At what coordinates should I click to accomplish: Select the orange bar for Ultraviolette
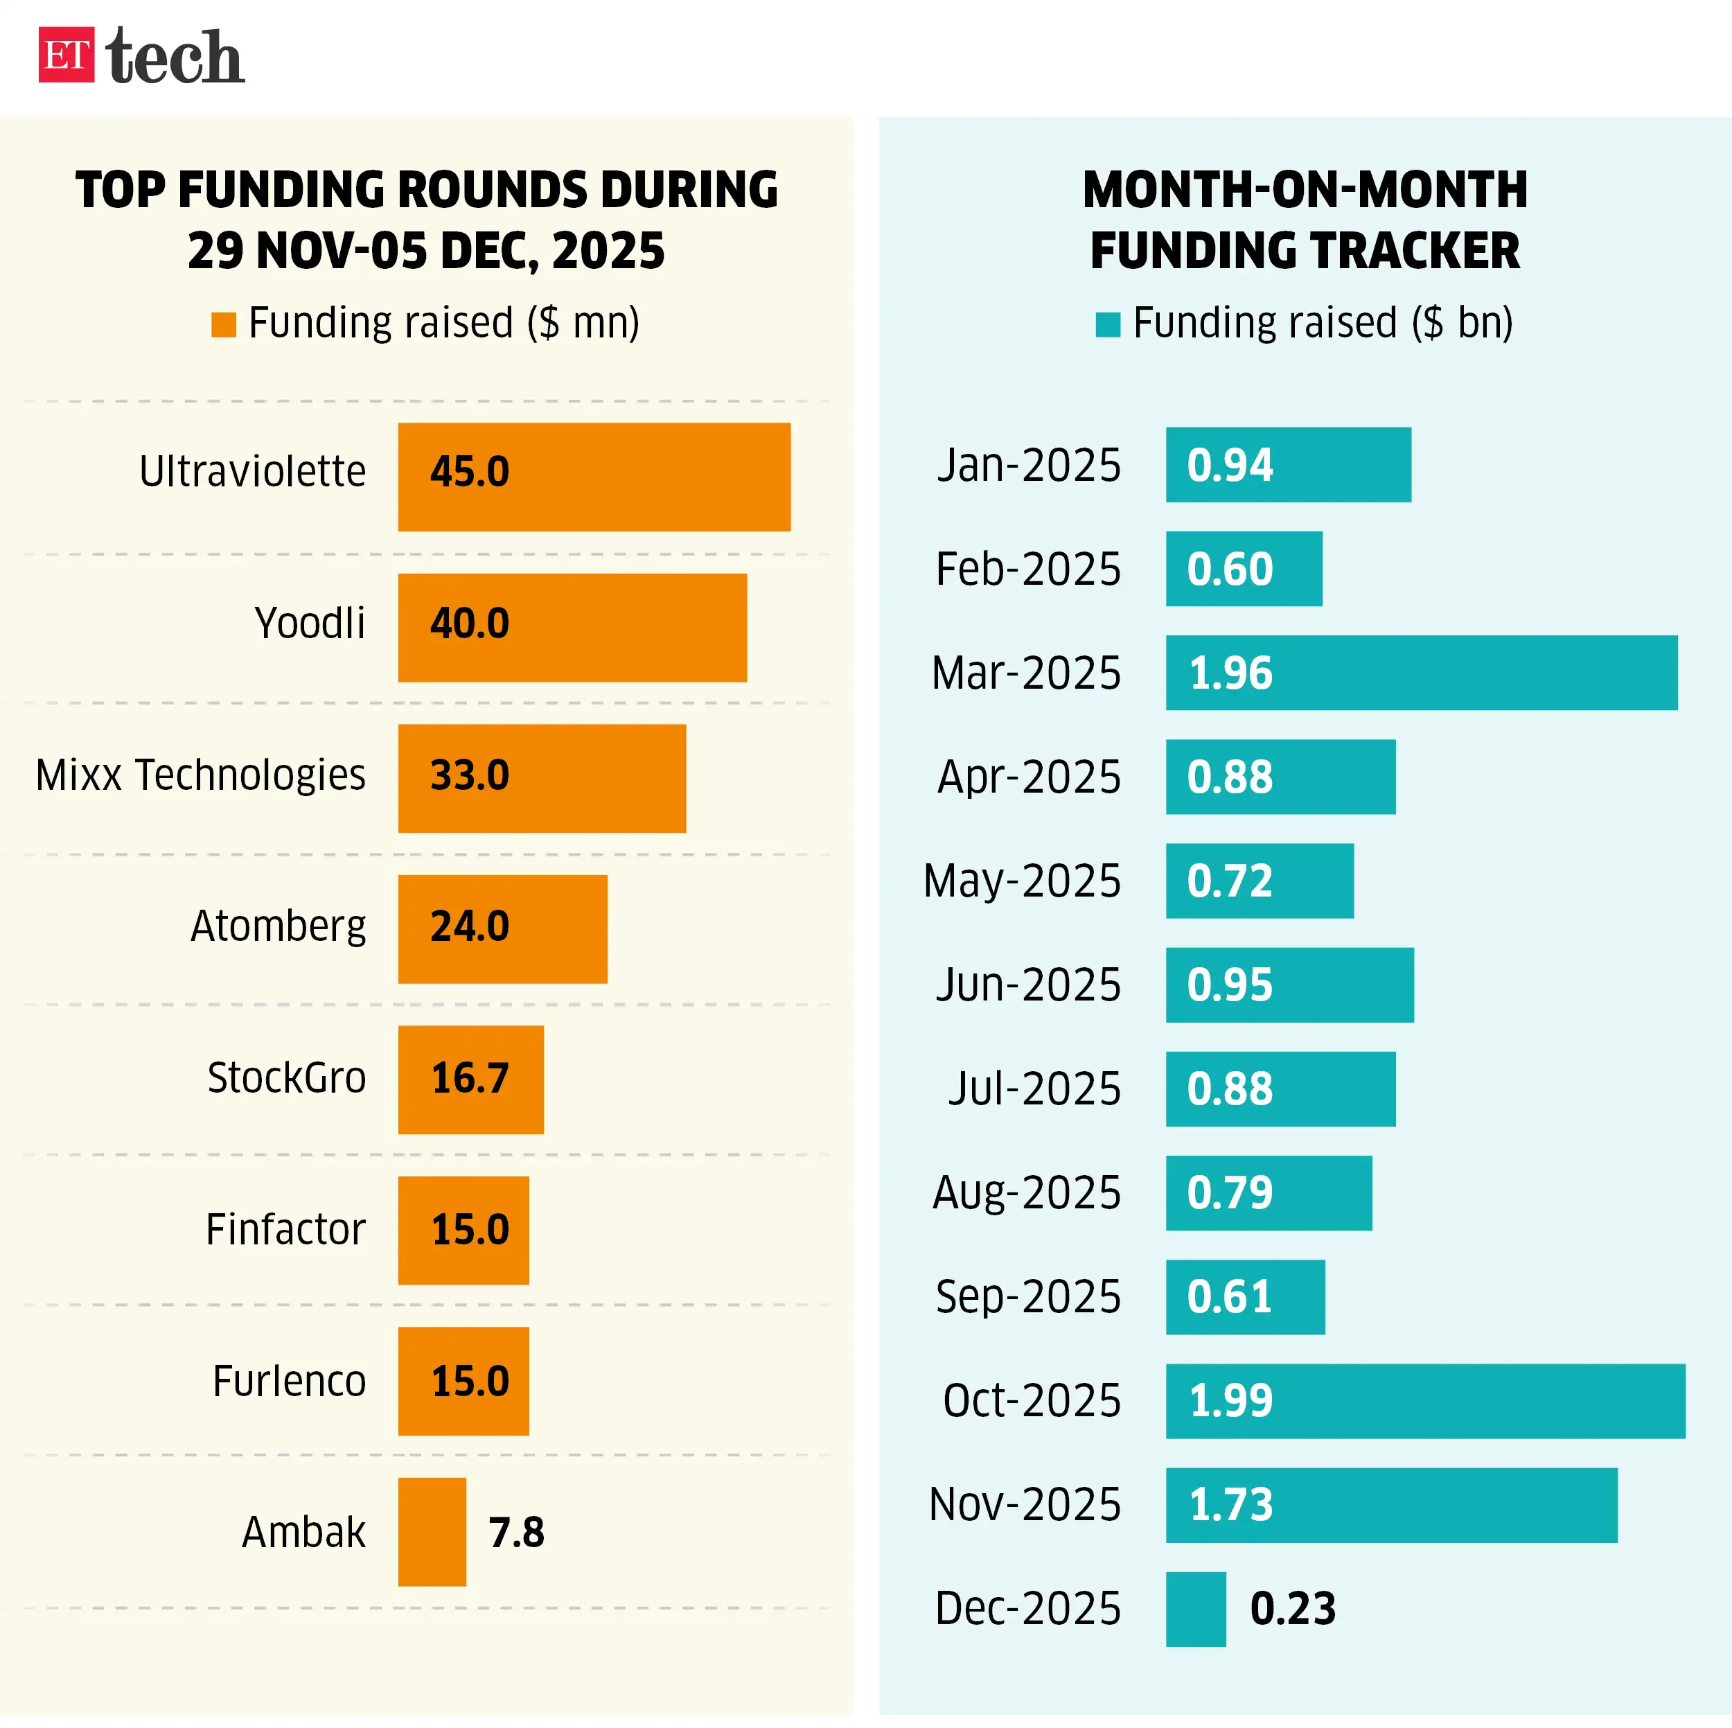[594, 477]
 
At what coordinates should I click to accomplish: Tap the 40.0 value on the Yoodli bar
[469, 623]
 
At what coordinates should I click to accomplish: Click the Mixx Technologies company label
[200, 775]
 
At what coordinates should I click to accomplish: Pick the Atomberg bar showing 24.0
[502, 929]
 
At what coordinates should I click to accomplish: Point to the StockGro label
[286, 1078]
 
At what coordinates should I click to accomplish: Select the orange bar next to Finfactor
[463, 1231]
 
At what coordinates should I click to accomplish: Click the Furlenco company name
[289, 1381]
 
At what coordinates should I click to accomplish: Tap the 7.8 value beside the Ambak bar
[515, 1533]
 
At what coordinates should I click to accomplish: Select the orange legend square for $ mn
[223, 325]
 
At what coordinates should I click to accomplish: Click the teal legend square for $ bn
[1108, 325]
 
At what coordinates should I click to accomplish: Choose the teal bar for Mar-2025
[1421, 673]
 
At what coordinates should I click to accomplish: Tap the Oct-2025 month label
[1031, 1401]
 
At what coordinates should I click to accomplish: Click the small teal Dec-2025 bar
[1195, 1609]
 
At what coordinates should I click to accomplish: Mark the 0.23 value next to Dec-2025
[1292, 1609]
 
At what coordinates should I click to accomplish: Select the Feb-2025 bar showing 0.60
[1244, 569]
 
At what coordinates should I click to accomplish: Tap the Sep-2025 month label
[1027, 1296]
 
